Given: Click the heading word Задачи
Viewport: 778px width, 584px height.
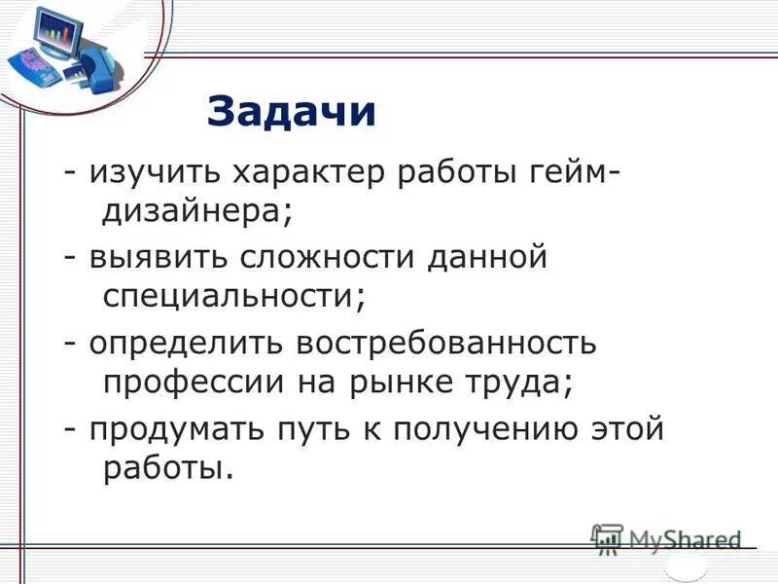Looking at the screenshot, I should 291,111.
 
